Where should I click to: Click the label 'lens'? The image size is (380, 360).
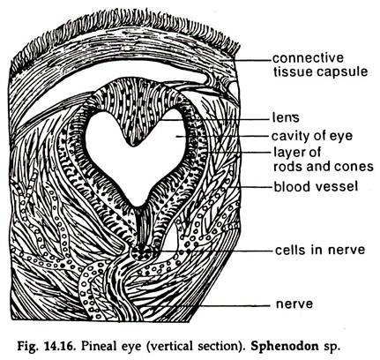[x=286, y=117]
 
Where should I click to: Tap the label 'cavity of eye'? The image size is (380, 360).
[x=312, y=136]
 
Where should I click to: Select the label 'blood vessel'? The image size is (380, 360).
[x=316, y=187]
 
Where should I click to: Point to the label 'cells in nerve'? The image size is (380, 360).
[x=320, y=250]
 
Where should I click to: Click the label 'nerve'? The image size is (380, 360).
[x=294, y=304]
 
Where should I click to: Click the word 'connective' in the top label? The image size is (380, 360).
[x=308, y=58]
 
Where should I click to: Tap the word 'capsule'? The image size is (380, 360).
[x=342, y=72]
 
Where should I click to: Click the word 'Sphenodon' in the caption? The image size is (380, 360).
[x=284, y=346]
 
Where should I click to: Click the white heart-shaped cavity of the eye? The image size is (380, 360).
[x=138, y=170]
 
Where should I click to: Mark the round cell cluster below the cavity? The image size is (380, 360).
[x=142, y=253]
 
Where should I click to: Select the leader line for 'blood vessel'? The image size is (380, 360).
[x=251, y=187]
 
